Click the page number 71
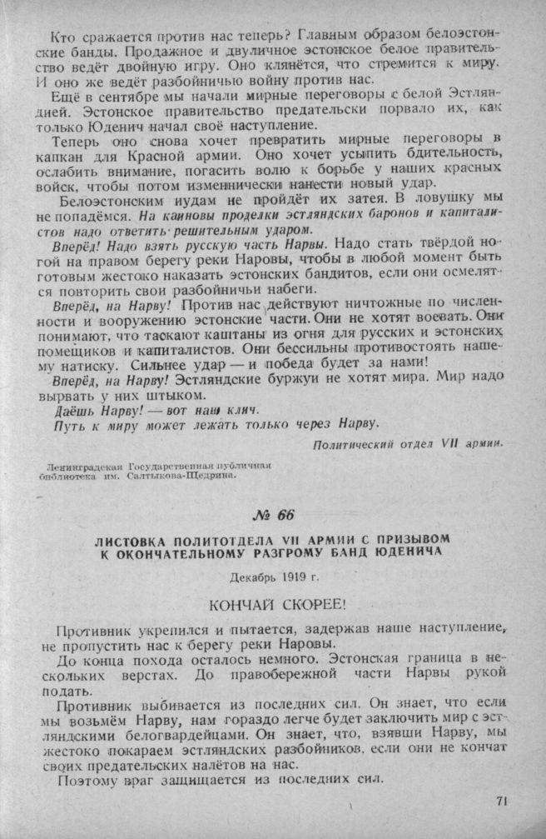point(501,802)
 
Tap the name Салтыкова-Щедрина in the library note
point(200,477)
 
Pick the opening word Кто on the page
point(62,36)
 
